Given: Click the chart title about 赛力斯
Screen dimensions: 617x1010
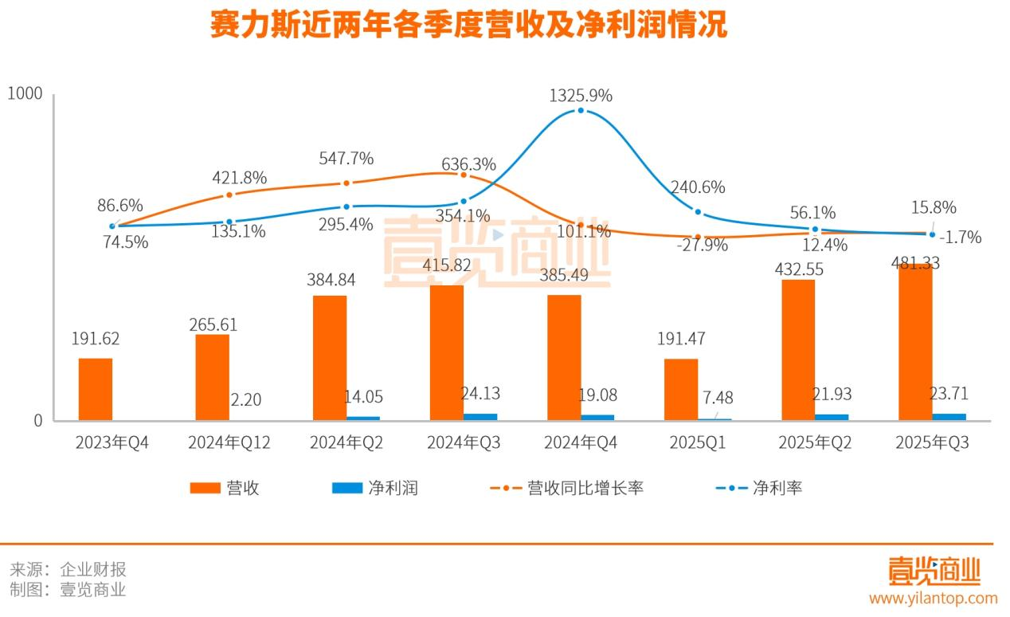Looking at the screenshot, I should click(x=468, y=26).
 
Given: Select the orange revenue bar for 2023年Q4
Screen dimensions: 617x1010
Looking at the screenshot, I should click(x=96, y=389).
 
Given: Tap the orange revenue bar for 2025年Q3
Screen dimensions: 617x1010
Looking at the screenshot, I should click(x=915, y=343).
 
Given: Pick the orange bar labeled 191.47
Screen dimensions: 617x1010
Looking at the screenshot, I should click(x=681, y=389).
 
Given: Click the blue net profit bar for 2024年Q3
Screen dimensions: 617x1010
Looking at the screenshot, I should click(x=480, y=416).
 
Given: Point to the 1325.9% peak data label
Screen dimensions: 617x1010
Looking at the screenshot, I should click(x=581, y=96).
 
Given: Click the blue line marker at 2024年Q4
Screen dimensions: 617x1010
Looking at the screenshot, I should click(x=581, y=110).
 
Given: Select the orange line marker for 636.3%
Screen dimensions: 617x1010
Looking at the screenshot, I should click(x=464, y=174).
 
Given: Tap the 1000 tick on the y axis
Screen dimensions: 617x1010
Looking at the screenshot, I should click(x=24, y=94).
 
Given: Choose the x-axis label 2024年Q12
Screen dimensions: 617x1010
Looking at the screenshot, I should click(x=229, y=443).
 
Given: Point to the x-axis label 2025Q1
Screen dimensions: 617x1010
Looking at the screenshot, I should click(x=699, y=443).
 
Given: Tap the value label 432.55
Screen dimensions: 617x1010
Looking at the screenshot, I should click(x=799, y=269).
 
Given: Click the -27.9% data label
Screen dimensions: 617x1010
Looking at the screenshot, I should click(x=702, y=245).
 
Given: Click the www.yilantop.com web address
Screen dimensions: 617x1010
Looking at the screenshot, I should click(x=933, y=598).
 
